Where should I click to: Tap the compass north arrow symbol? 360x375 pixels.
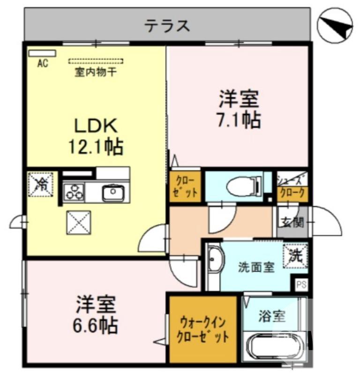click(x=334, y=24)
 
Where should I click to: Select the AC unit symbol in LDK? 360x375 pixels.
click(x=42, y=53)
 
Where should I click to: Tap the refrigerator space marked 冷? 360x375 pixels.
click(x=42, y=184)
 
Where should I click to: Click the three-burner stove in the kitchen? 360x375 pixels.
click(x=74, y=192)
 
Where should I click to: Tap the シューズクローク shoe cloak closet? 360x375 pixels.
click(x=292, y=187)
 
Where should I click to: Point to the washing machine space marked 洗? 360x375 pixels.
click(x=295, y=256)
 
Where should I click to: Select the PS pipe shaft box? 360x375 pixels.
click(x=301, y=284)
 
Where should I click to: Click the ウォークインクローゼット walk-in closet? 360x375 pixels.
click(x=202, y=330)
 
